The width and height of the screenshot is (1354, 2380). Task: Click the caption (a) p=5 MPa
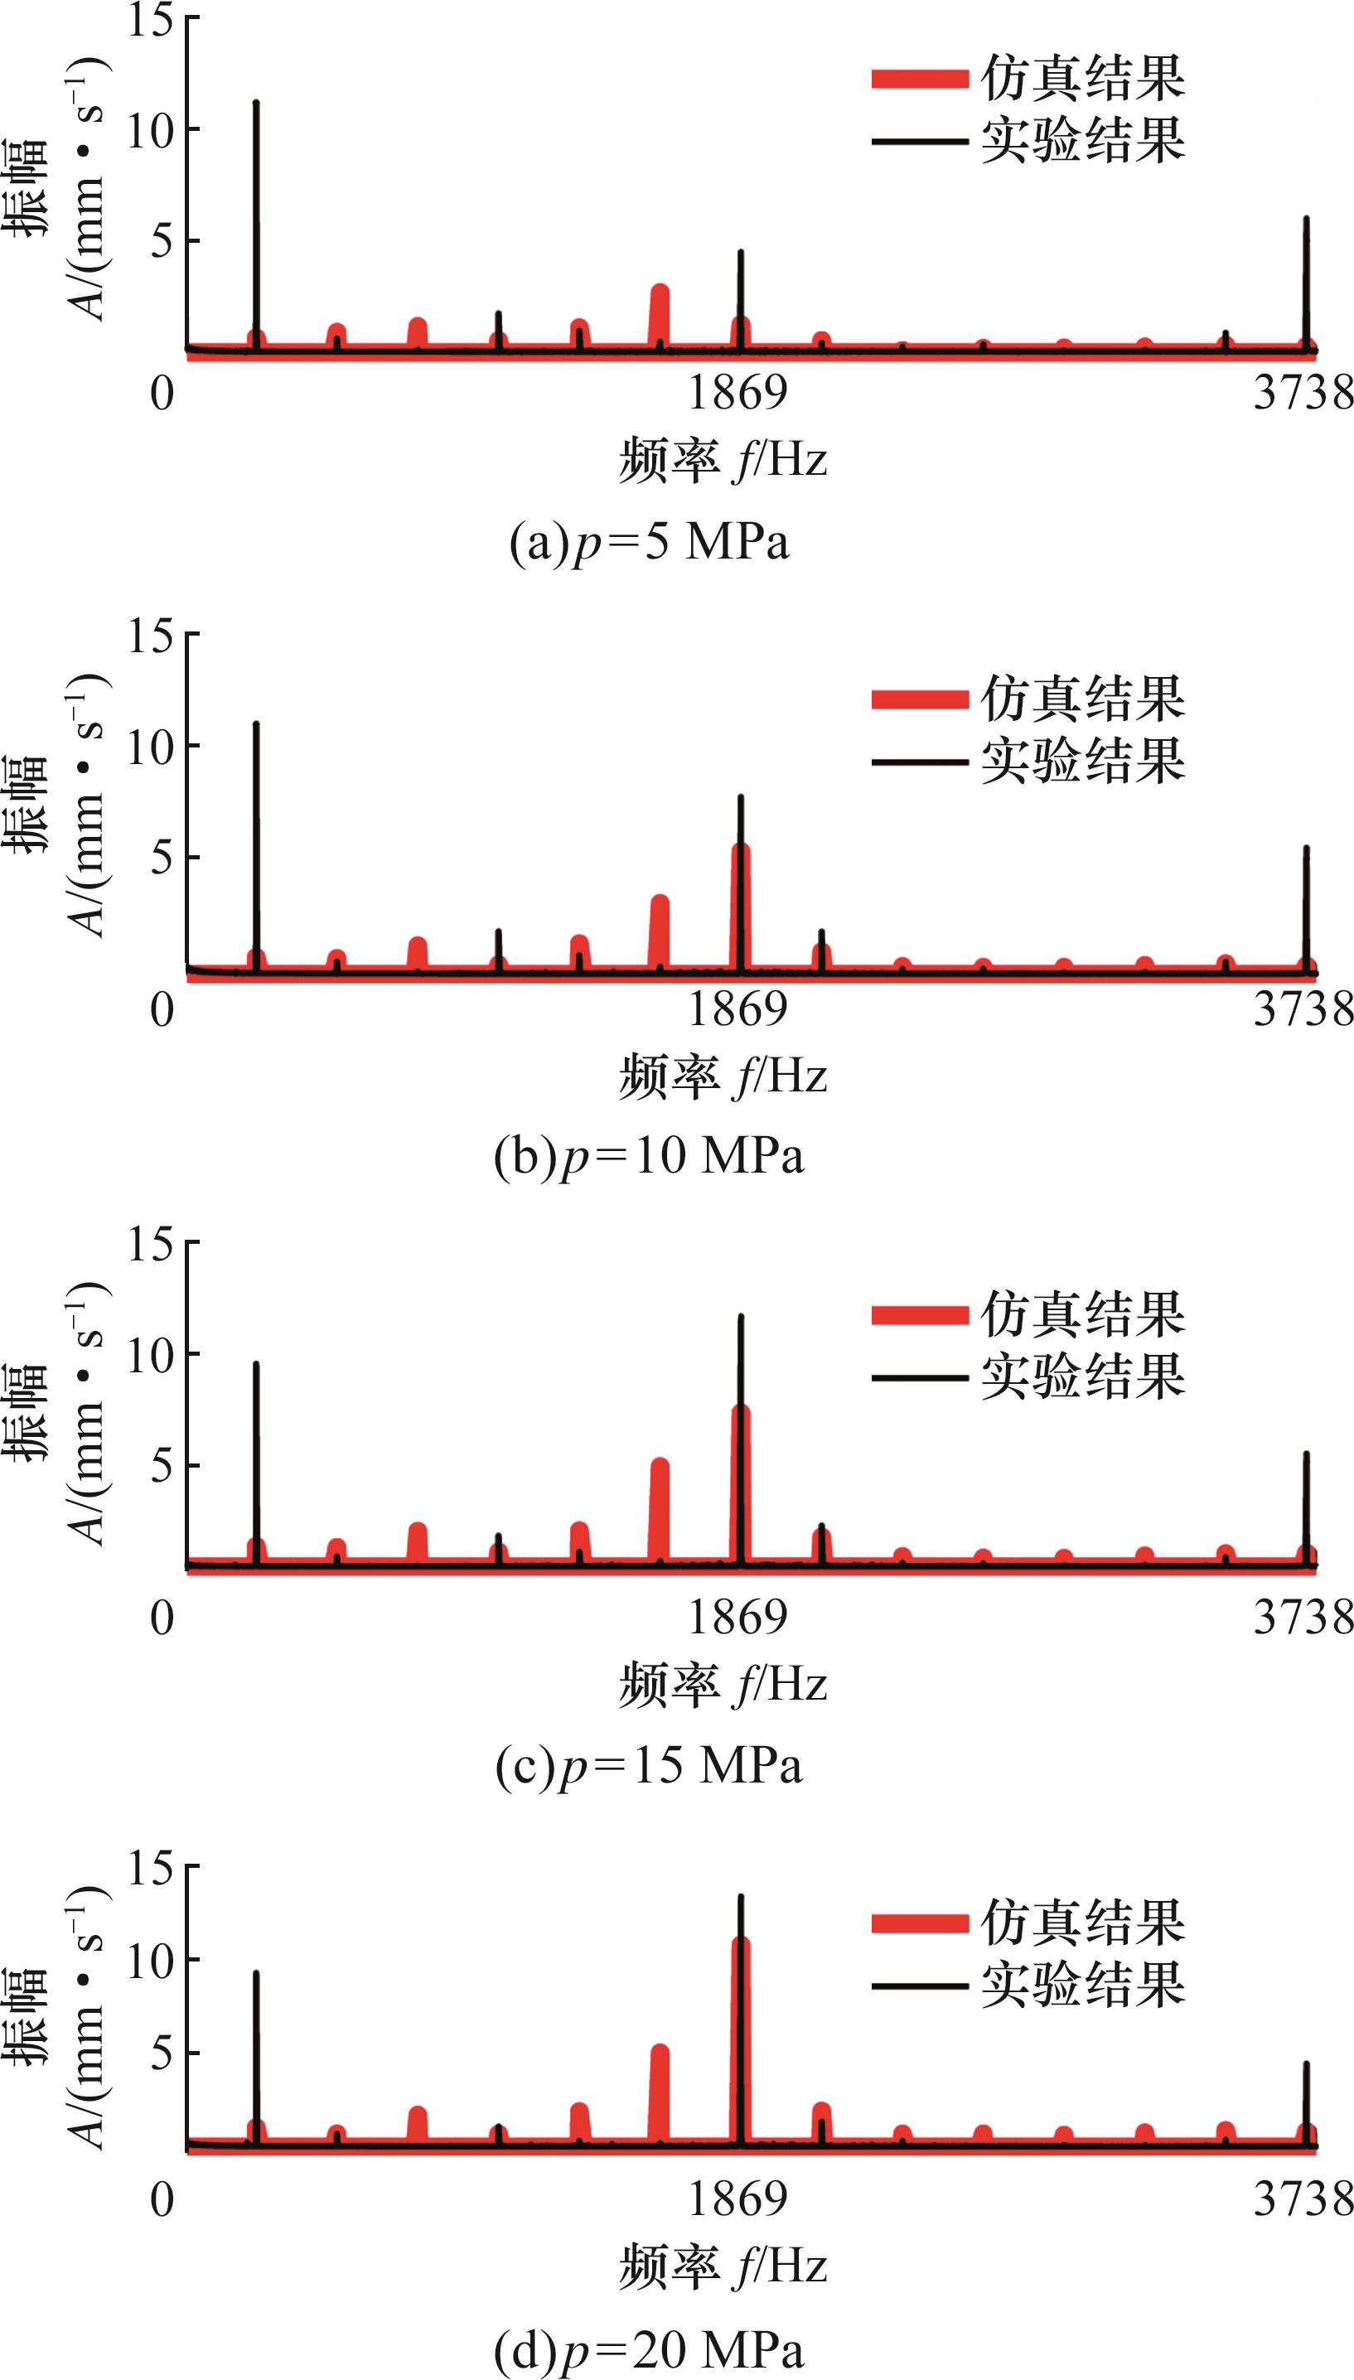point(649,542)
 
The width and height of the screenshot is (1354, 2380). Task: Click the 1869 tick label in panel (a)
point(737,391)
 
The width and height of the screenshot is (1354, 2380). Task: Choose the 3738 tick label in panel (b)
point(1302,1009)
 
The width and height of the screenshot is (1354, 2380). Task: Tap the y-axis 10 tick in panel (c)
point(151,1356)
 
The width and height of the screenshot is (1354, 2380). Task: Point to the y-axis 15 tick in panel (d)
point(151,1867)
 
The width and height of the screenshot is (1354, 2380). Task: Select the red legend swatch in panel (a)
point(920,79)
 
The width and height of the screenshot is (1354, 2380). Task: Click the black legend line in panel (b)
point(920,762)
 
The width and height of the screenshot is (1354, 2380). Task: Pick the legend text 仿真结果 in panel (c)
point(1082,1313)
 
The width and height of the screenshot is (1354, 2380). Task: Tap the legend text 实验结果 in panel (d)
point(1082,1985)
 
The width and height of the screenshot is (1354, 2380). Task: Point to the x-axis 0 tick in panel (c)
point(162,1618)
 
